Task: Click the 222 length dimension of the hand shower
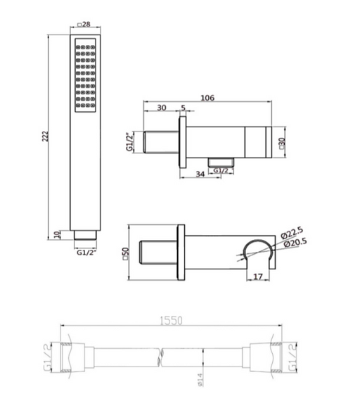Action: coord(45,136)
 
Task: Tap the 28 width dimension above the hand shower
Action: coord(84,25)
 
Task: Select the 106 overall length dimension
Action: coord(207,98)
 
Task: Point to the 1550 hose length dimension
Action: coord(172,321)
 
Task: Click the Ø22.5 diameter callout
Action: coord(292,233)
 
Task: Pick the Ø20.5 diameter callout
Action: coord(295,243)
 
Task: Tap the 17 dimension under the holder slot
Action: coord(258,276)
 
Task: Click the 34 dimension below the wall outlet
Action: coord(200,174)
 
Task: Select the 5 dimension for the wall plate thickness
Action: coord(183,108)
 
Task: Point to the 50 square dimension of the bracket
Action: coord(126,253)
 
